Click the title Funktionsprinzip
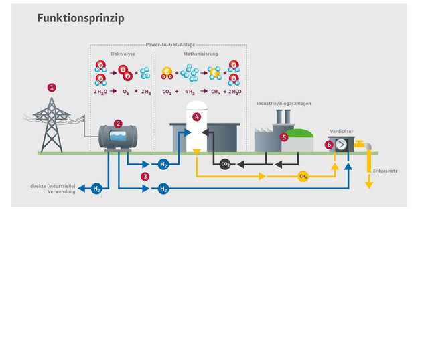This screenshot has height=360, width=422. click(x=80, y=19)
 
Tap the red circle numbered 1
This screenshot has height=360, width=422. click(x=52, y=88)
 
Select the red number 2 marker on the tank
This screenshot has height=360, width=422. click(x=118, y=124)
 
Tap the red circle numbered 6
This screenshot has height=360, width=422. click(x=329, y=145)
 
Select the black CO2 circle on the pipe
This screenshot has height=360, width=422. click(x=225, y=163)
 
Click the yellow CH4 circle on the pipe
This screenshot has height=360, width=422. click(x=303, y=177)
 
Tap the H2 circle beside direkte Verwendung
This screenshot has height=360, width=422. click(x=96, y=189)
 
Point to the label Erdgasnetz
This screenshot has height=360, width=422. click(x=385, y=171)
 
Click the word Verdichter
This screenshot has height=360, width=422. click(x=341, y=132)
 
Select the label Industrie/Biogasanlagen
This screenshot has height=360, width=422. click(x=284, y=104)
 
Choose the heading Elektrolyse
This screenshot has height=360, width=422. click(x=123, y=54)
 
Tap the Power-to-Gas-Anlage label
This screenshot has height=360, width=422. click(x=169, y=45)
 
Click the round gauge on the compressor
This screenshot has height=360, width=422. click(x=341, y=145)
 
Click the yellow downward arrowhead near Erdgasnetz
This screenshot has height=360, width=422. click(x=368, y=185)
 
